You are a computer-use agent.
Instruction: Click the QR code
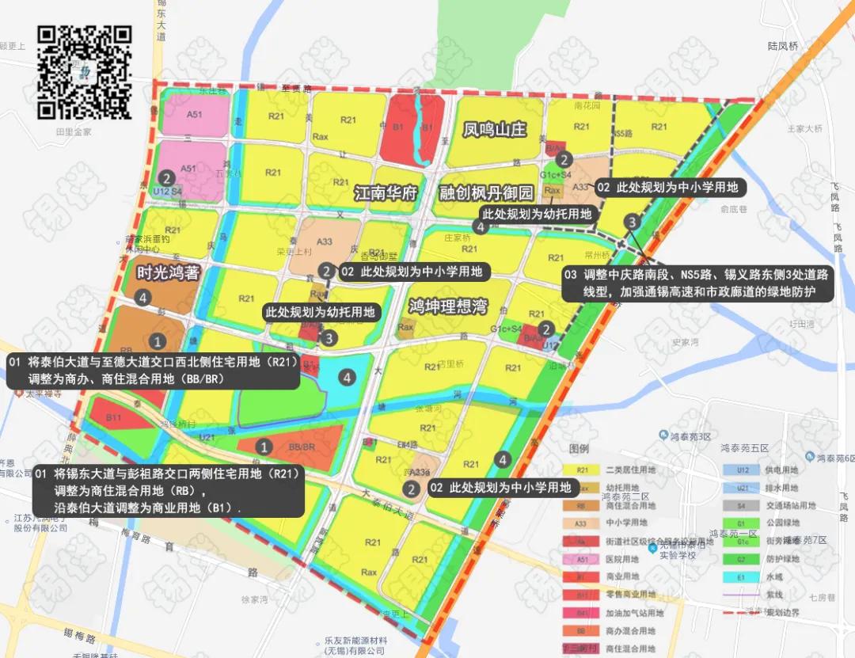coord(85,72)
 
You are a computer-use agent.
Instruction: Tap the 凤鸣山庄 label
coord(495,129)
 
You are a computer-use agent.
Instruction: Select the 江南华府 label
coord(386,193)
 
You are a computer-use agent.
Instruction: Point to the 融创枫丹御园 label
coord(487,193)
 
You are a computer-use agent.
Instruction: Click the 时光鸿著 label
coord(167,272)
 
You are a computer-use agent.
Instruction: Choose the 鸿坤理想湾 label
coord(448,306)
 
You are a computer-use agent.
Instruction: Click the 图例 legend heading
coord(579,448)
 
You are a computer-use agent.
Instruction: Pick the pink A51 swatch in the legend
coord(582,558)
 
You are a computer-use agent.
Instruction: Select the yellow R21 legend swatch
coord(582,470)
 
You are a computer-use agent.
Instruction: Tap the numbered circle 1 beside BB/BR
coord(265,447)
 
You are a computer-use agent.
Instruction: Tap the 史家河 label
coord(687,343)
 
